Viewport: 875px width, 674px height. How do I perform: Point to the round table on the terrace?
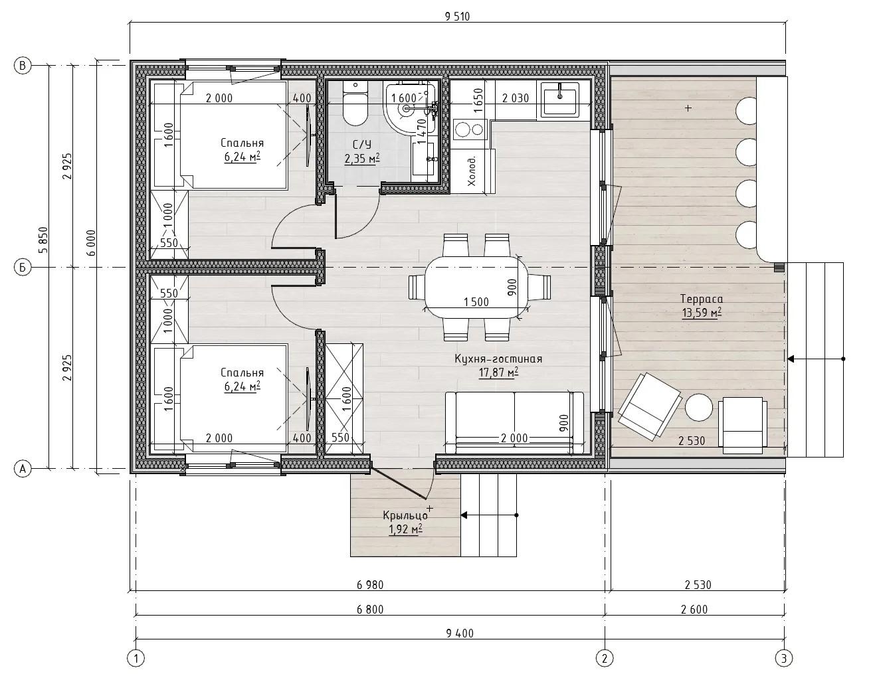(699, 407)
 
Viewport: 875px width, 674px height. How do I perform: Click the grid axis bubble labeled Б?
(23, 267)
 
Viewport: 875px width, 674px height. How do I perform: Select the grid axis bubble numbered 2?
(605, 659)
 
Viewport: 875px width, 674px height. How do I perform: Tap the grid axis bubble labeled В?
(23, 65)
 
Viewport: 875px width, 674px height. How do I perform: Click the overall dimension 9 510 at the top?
(458, 17)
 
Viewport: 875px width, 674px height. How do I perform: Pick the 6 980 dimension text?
(370, 584)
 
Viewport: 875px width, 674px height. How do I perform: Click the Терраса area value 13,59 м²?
(702, 313)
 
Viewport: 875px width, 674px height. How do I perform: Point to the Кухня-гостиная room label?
(498, 359)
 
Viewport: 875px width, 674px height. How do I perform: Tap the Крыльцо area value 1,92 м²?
(405, 529)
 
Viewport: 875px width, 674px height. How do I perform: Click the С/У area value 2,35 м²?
(362, 159)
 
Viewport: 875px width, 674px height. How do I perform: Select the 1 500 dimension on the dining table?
(476, 301)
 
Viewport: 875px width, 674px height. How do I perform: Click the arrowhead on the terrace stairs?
(791, 359)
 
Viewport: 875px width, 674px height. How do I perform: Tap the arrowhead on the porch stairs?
(464, 515)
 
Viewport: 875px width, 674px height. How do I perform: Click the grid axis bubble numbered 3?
(783, 659)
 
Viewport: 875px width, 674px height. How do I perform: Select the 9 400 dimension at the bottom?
(460, 633)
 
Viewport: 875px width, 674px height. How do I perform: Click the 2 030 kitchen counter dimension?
(516, 98)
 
